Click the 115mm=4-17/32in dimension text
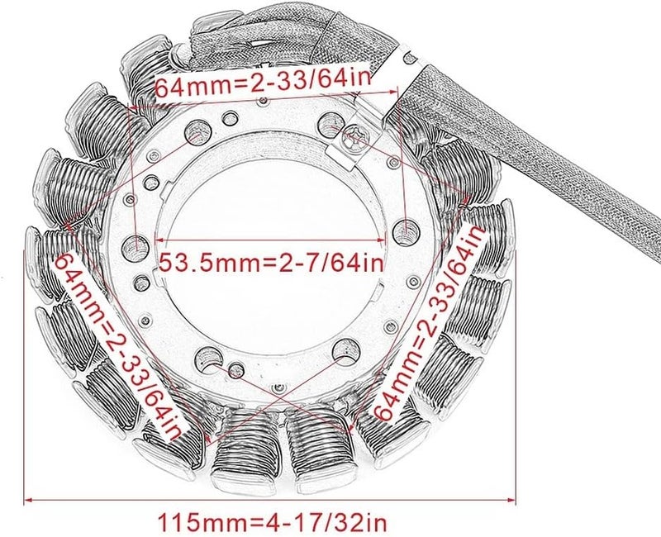pyautogui.click(x=270, y=522)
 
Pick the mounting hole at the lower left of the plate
pyautogui.click(x=207, y=357)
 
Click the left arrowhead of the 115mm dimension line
pyautogui.click(x=30, y=500)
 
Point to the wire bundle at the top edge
pyautogui.click(x=273, y=25)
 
